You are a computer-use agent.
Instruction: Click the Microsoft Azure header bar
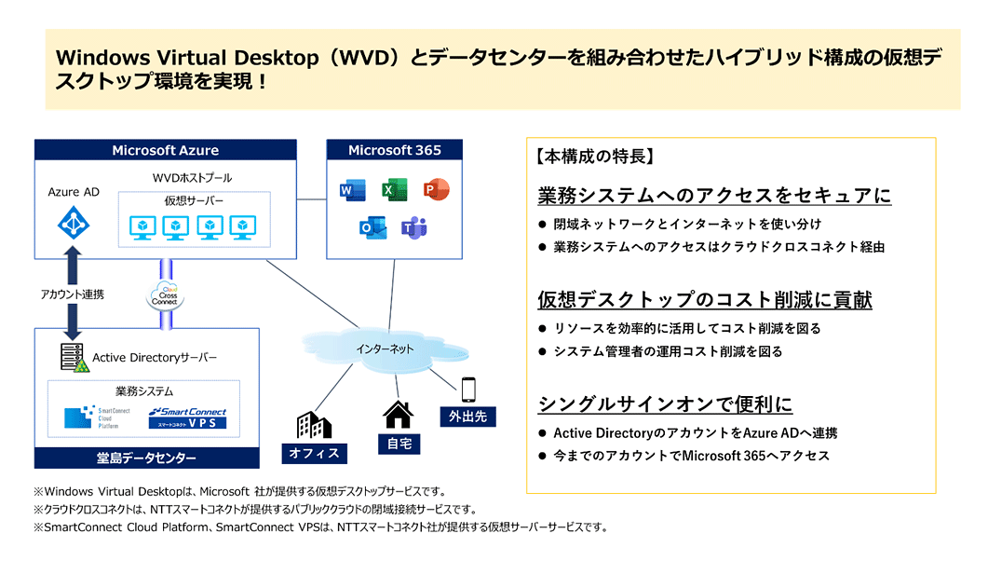click(x=166, y=150)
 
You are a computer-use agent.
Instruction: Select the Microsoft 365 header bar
click(x=395, y=150)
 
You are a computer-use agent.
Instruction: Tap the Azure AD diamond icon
click(x=73, y=223)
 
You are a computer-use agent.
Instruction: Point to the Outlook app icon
click(x=371, y=227)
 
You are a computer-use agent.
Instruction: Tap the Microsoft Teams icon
click(x=413, y=227)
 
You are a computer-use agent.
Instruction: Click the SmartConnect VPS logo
click(x=187, y=417)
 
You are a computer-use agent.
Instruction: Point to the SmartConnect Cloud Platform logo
click(x=97, y=417)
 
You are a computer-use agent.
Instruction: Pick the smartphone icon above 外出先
click(x=467, y=390)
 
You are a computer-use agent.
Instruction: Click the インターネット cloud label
click(x=385, y=349)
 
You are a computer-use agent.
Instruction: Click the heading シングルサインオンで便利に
click(x=665, y=404)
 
